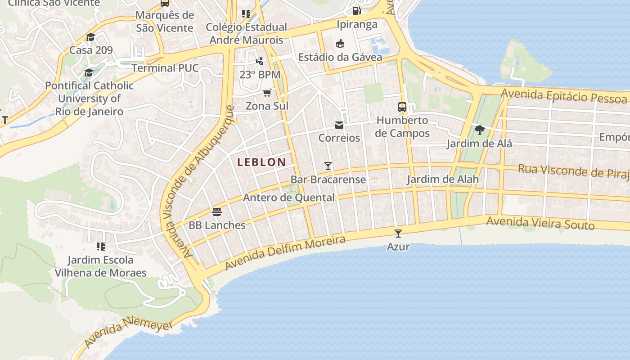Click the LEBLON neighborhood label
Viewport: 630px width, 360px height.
261,162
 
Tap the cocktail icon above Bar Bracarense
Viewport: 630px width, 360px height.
328,166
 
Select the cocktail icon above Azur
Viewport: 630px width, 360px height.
398,233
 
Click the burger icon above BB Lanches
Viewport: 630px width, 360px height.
217,211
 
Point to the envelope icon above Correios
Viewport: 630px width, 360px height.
339,125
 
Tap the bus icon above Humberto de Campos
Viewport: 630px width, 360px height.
402,107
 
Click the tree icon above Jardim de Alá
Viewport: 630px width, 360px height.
479,130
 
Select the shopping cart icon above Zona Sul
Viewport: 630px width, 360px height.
267,93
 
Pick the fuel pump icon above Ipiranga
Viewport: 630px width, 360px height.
356,10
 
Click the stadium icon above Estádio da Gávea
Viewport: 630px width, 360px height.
340,43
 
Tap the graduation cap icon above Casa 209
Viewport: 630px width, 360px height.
91,37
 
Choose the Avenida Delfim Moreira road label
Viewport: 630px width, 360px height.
285,252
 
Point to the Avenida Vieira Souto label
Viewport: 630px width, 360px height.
540,223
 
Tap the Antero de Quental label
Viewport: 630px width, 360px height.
289,198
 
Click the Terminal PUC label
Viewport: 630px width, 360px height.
165,68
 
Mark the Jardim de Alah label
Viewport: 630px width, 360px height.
443,180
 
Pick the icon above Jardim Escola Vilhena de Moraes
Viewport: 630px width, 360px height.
101,246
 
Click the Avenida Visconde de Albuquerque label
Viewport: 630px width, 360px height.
199,180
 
